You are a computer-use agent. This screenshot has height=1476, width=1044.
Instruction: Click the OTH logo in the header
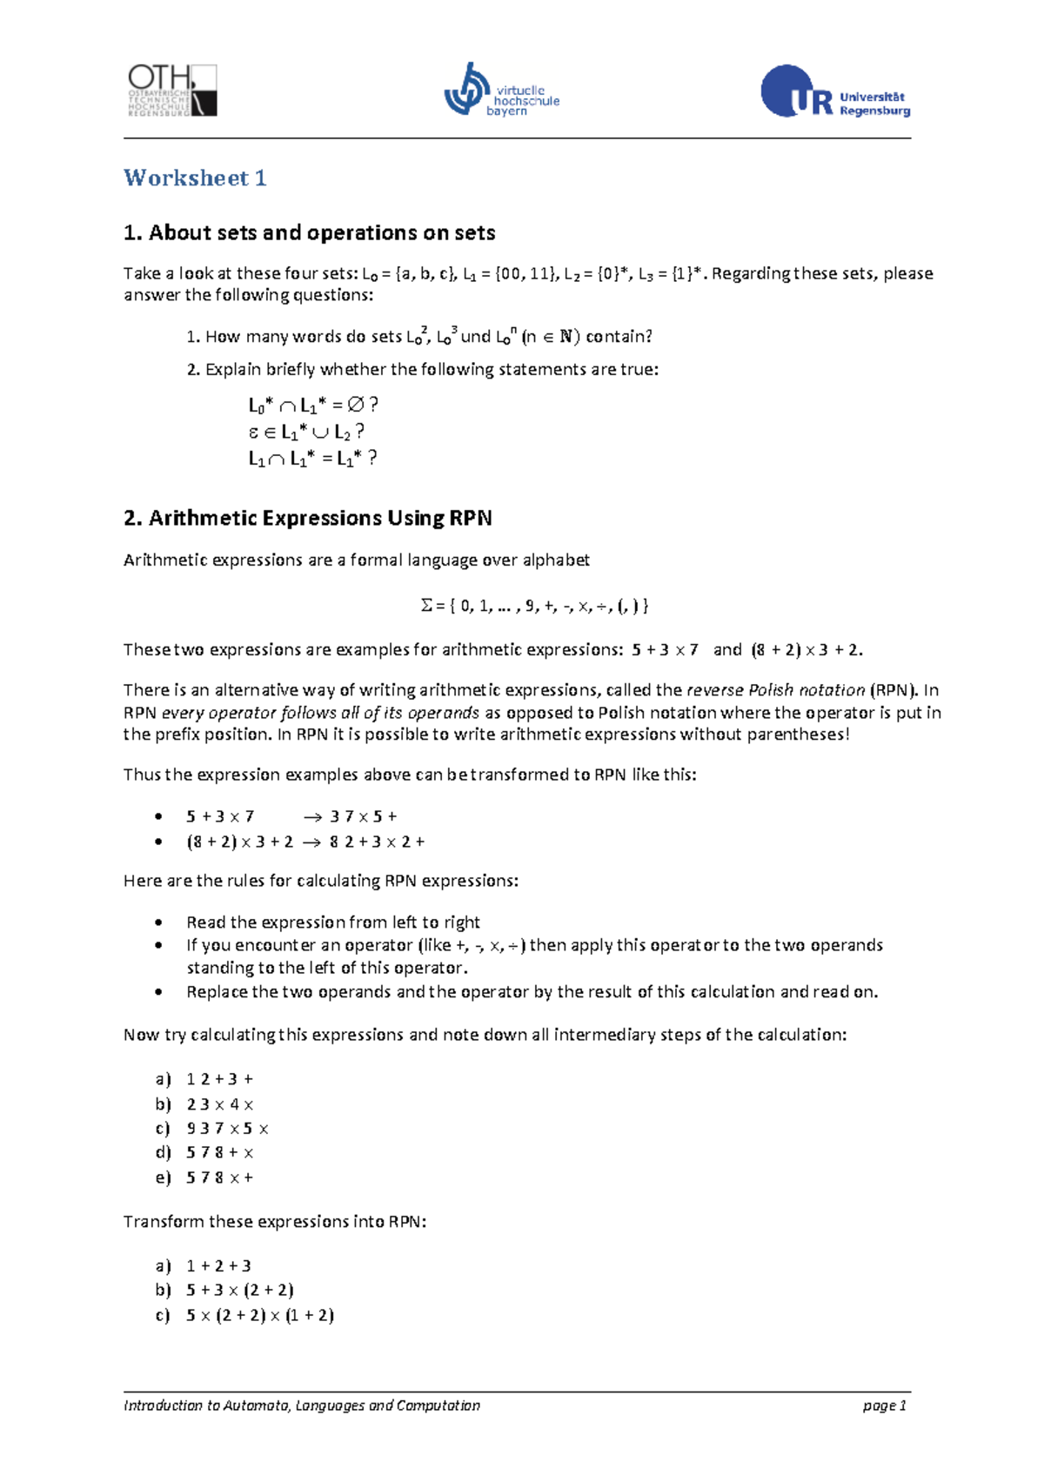click(171, 91)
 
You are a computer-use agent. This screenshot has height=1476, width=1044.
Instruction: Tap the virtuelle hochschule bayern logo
click(501, 91)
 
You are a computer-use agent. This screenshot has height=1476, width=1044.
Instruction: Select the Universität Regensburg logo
click(835, 91)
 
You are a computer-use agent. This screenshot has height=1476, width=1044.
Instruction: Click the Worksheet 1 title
click(195, 178)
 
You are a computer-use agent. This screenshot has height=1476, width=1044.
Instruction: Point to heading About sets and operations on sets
click(309, 233)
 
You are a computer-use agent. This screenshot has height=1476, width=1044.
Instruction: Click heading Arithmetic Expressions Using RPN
click(307, 519)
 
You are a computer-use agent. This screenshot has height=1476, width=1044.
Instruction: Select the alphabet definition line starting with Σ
click(534, 606)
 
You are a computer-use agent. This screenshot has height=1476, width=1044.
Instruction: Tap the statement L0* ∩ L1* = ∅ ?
click(313, 406)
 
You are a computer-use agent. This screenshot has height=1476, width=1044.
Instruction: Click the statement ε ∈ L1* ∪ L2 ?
click(306, 432)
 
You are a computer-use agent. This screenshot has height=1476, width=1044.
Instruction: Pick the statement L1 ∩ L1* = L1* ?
click(312, 459)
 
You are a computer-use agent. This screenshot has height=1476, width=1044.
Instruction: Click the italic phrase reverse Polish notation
click(775, 690)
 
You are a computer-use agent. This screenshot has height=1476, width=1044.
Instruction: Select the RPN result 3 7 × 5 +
click(364, 816)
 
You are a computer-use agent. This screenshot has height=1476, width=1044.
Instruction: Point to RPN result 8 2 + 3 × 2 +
click(377, 842)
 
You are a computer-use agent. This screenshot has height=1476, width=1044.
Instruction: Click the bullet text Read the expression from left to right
click(332, 922)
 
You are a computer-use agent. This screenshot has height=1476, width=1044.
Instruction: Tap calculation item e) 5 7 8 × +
click(218, 1177)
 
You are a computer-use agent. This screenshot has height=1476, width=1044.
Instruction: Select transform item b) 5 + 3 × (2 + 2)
click(239, 1291)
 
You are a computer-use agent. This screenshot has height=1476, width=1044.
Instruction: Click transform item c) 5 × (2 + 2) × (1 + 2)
click(259, 1316)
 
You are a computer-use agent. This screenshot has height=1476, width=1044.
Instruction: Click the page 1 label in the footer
click(884, 1406)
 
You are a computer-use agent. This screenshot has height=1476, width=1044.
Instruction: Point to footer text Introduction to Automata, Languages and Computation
click(301, 1406)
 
